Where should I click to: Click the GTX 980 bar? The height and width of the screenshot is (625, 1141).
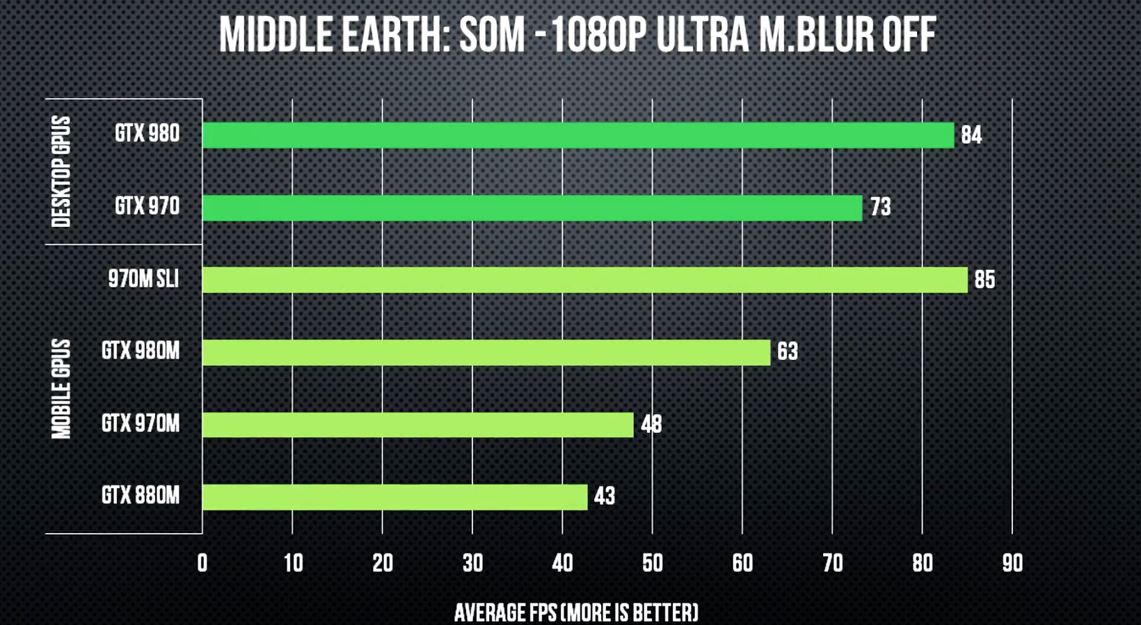[577, 135]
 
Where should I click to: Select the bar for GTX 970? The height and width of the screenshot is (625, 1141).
[532, 208]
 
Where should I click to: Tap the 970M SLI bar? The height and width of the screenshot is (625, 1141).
[584, 280]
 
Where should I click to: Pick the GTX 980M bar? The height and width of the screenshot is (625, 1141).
[486, 352]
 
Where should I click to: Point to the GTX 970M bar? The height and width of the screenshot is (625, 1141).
[417, 425]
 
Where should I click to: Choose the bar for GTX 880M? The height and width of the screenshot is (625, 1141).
[394, 497]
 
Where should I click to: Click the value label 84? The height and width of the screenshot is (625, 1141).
[971, 135]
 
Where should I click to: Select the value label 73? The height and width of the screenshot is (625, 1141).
[880, 207]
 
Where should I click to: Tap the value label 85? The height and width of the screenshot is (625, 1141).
[984, 280]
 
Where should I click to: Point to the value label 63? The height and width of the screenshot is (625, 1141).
[788, 352]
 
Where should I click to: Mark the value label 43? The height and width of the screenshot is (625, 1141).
[604, 496]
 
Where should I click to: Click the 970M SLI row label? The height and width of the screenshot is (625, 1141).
[143, 279]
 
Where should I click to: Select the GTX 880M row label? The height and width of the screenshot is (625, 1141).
[141, 496]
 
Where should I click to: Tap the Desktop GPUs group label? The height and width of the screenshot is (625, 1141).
[61, 171]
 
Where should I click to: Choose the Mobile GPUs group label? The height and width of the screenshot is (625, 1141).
[61, 389]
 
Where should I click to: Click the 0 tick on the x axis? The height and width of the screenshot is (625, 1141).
[202, 563]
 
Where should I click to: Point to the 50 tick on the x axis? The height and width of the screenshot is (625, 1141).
[652, 563]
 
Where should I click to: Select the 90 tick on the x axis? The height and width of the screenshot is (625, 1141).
[1012, 563]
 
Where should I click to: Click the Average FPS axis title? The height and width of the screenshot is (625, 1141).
[576, 612]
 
